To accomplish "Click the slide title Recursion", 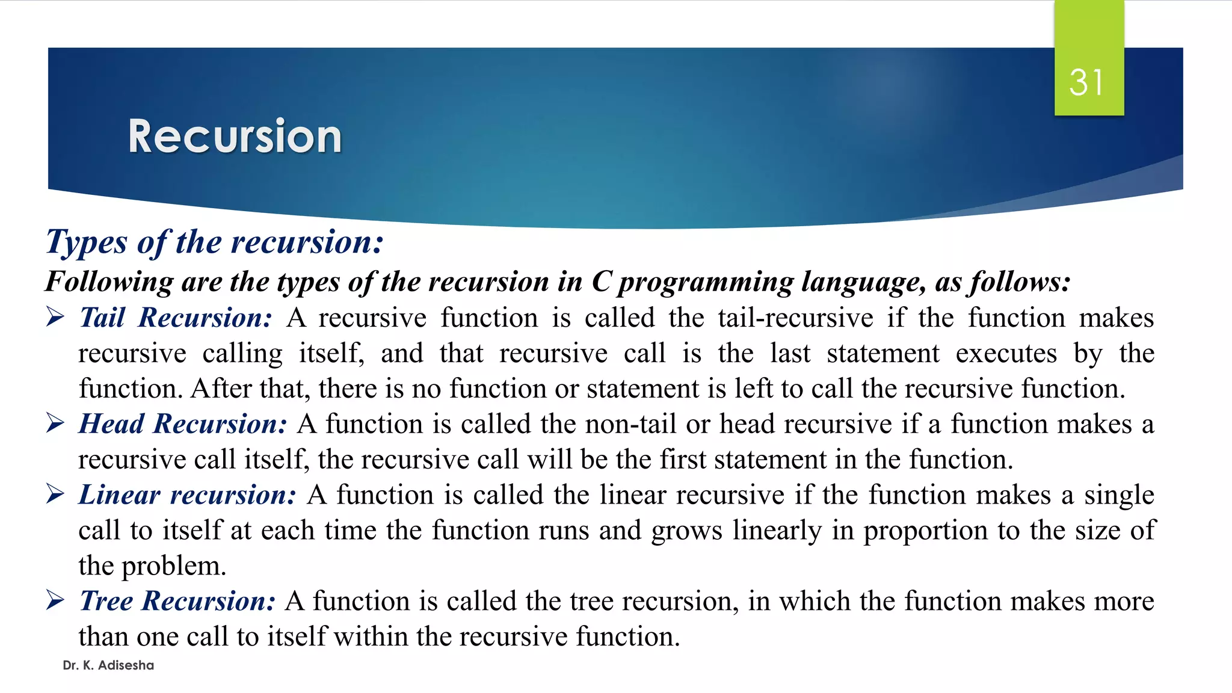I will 235,137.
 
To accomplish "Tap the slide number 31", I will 1086,82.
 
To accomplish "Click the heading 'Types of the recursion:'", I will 215,242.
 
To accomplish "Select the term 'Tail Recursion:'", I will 176,318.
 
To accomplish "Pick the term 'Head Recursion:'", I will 183,424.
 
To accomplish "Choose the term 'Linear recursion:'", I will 188,495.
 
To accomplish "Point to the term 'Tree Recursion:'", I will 177,601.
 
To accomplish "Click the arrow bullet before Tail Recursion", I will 55,317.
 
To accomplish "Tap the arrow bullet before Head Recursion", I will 55,423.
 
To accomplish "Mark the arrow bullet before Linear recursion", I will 55,494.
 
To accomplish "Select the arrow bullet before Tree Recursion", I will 55,600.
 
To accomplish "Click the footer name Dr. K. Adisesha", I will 108,665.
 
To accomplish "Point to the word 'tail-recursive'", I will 795,318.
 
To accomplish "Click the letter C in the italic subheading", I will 602,282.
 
